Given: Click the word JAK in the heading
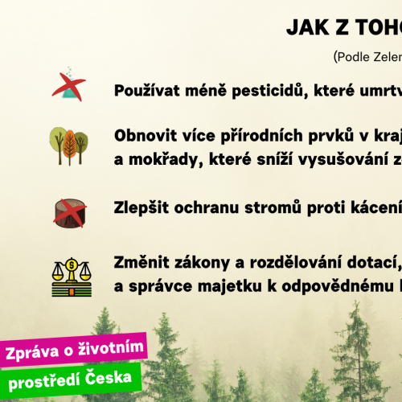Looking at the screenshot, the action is point(308,27).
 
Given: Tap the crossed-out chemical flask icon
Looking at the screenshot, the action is point(69,84).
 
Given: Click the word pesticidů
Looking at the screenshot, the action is point(270,90).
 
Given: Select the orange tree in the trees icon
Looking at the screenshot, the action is point(70,147).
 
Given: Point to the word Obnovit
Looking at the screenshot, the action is point(146,135).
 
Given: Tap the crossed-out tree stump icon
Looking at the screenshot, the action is point(70,213).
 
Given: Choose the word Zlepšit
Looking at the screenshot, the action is point(142,207).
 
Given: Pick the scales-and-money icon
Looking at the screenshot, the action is point(72,277).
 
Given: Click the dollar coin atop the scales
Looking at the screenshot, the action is point(72,265).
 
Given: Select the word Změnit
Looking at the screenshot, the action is point(142,262).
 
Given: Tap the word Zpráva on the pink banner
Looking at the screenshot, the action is point(32,352).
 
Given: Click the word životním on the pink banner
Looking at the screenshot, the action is point(111,348).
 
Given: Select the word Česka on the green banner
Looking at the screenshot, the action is point(109,377).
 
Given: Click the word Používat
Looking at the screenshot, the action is point(147,90).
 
